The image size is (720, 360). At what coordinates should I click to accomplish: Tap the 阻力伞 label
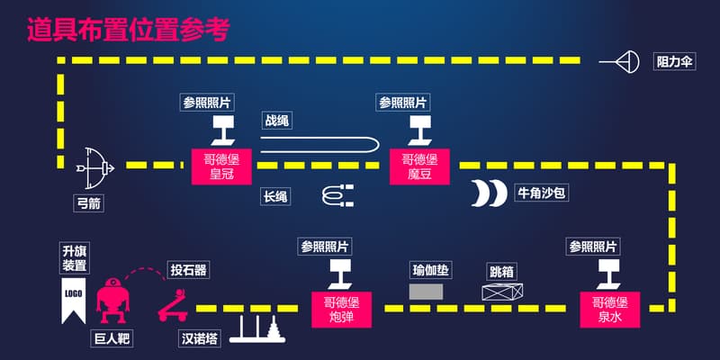[674, 62]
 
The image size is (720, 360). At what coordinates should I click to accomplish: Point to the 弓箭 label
[88, 203]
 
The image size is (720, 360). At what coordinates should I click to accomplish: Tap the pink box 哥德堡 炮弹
[341, 310]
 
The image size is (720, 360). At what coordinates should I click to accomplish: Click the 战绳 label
[276, 121]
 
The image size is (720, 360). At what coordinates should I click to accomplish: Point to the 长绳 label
[275, 195]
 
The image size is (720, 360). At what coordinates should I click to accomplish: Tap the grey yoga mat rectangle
[427, 292]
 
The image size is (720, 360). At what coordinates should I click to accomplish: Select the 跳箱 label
[501, 270]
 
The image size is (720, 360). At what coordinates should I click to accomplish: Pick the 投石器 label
[188, 270]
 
